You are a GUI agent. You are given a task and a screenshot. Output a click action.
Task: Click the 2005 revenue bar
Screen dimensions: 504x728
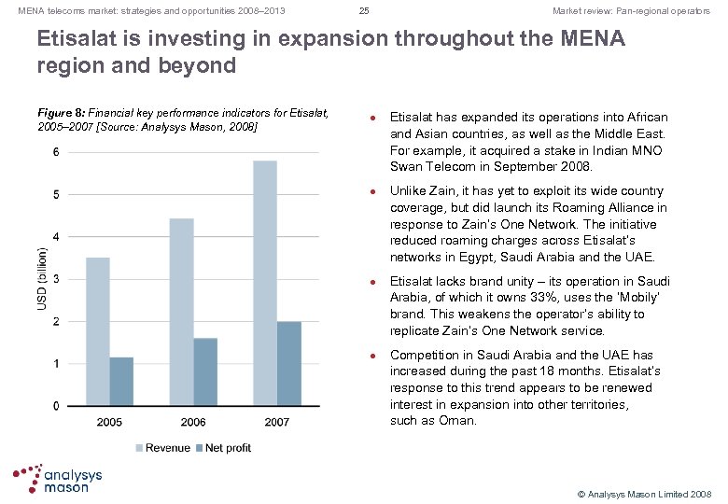[97, 331]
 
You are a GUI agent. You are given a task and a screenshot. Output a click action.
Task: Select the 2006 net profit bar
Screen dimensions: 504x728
[205, 371]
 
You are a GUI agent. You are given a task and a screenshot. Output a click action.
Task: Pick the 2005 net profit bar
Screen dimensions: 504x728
[121, 381]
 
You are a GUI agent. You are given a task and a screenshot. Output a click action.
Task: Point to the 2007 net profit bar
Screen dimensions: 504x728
[288, 363]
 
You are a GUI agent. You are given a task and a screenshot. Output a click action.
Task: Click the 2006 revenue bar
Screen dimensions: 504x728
[181, 312]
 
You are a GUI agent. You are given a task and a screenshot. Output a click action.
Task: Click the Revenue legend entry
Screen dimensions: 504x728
[164, 448]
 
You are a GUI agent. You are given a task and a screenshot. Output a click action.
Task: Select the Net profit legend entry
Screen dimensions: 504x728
[224, 448]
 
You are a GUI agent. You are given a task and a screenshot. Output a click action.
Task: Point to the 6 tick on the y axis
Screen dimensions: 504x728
[57, 152]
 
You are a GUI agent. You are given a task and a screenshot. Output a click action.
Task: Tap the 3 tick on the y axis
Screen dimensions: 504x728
[57, 279]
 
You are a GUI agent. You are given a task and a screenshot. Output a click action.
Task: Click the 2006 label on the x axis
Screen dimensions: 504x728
[193, 422]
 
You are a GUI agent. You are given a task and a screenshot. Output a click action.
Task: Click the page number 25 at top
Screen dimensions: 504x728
[364, 11]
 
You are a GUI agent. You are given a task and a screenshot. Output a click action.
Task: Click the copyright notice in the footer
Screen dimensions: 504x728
[644, 492]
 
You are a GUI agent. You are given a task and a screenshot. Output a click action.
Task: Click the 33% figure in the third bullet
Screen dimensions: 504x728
[536, 298]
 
